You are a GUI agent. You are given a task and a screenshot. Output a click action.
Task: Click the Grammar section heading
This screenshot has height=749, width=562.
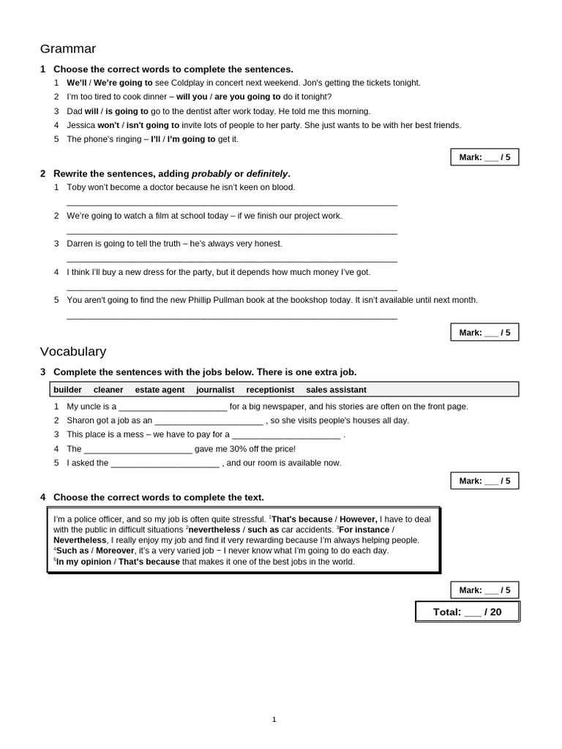tap(67, 49)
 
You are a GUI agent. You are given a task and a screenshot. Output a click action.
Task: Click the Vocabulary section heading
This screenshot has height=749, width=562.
tap(72, 352)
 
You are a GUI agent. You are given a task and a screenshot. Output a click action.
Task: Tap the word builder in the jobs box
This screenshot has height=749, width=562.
tap(67, 390)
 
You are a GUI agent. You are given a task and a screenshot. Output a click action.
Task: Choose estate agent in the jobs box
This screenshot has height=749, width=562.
tap(160, 390)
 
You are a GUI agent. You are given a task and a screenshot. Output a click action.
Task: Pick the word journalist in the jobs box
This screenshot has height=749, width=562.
tap(215, 390)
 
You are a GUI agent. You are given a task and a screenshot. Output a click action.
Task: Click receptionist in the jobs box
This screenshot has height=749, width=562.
tap(270, 390)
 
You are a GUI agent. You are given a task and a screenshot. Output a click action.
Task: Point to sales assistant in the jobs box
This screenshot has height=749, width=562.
tap(336, 390)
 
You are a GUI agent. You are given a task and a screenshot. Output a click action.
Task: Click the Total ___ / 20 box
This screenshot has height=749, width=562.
tap(468, 612)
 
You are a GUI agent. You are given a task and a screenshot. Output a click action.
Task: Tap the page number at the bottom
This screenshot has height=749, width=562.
tap(274, 720)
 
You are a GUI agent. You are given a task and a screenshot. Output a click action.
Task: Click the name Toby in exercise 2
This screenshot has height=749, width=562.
tap(76, 187)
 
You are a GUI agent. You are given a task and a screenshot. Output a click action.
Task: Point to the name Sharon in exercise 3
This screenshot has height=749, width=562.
tap(80, 421)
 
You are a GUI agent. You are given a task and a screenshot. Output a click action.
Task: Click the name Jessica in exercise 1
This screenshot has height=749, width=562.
tap(81, 125)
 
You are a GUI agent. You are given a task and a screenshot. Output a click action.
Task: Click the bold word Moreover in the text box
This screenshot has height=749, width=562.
tap(116, 551)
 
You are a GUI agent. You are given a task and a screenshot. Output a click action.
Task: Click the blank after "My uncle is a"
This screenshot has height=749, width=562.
tap(173, 407)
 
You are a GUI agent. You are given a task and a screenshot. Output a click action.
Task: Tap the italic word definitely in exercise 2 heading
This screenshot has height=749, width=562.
tap(267, 174)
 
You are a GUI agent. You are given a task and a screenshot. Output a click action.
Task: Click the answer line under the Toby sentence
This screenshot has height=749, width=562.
tap(231, 205)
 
